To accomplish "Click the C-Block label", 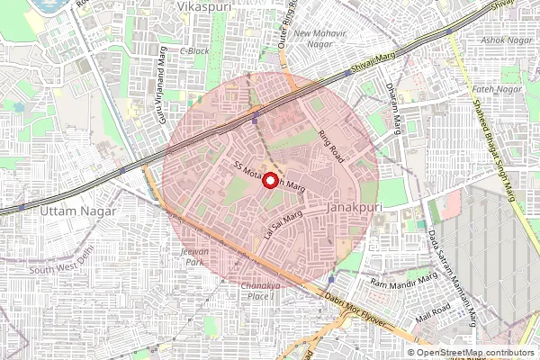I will point(194,50).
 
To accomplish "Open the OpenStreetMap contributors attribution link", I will point(488,353).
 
